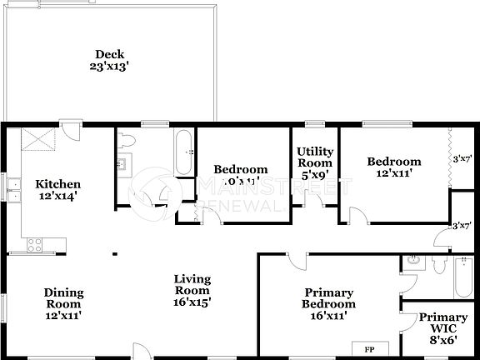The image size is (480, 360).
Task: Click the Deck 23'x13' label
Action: [110, 60]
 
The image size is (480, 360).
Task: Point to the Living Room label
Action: [191, 291]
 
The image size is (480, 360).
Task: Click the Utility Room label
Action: [315, 163]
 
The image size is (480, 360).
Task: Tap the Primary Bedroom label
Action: [328, 304]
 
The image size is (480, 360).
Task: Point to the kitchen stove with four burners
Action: [36, 245]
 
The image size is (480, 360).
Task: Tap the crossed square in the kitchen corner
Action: [37, 139]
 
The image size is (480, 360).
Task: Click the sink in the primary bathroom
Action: [412, 263]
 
